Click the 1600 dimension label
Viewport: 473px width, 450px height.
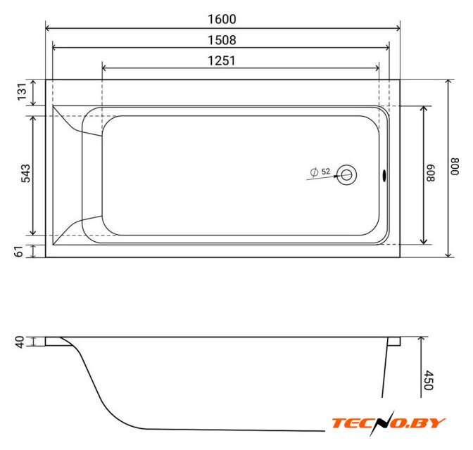[222, 19]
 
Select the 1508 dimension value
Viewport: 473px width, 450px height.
[222, 40]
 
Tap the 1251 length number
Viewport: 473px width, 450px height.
[222, 60]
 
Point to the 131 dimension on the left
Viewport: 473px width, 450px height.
[22, 92]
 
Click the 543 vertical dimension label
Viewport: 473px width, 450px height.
[25, 173]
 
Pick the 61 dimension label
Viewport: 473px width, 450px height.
[19, 251]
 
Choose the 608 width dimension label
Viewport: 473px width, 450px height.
[431, 173]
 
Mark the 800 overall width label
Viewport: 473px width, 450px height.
[455, 167]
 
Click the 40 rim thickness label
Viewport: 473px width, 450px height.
[20, 342]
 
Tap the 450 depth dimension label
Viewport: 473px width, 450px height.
[429, 380]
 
